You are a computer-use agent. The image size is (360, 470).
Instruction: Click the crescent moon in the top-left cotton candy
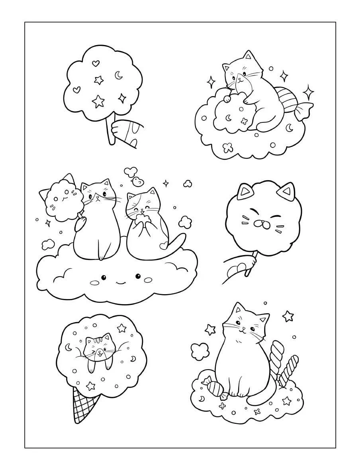click(x=118, y=75)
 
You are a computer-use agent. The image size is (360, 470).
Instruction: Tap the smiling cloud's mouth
click(x=119, y=283)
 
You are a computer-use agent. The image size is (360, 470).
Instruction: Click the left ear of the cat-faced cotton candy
click(x=243, y=192)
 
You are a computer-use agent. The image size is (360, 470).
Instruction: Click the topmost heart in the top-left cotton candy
click(x=95, y=63)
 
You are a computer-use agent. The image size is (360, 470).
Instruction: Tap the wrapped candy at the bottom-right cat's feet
click(x=215, y=387)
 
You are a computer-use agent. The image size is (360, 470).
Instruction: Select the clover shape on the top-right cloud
click(x=227, y=147)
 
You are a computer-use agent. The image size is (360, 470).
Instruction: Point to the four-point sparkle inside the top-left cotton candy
click(x=121, y=98)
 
